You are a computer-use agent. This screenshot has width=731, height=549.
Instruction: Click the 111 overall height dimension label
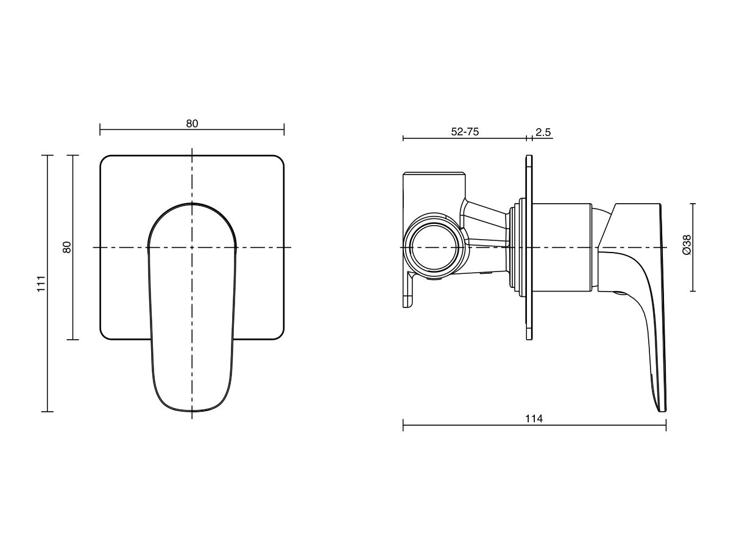41,284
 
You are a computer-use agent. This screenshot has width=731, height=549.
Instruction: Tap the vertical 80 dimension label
67,247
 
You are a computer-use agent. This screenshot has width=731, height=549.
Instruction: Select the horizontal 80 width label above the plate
192,124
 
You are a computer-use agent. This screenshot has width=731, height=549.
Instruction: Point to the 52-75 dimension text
465,132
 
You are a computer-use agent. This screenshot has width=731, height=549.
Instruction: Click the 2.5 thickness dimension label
543,132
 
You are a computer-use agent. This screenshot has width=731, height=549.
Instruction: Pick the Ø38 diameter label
687,245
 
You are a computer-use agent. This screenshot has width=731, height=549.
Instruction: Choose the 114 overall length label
534,418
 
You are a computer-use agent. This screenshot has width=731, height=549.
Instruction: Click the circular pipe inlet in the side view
436,247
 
